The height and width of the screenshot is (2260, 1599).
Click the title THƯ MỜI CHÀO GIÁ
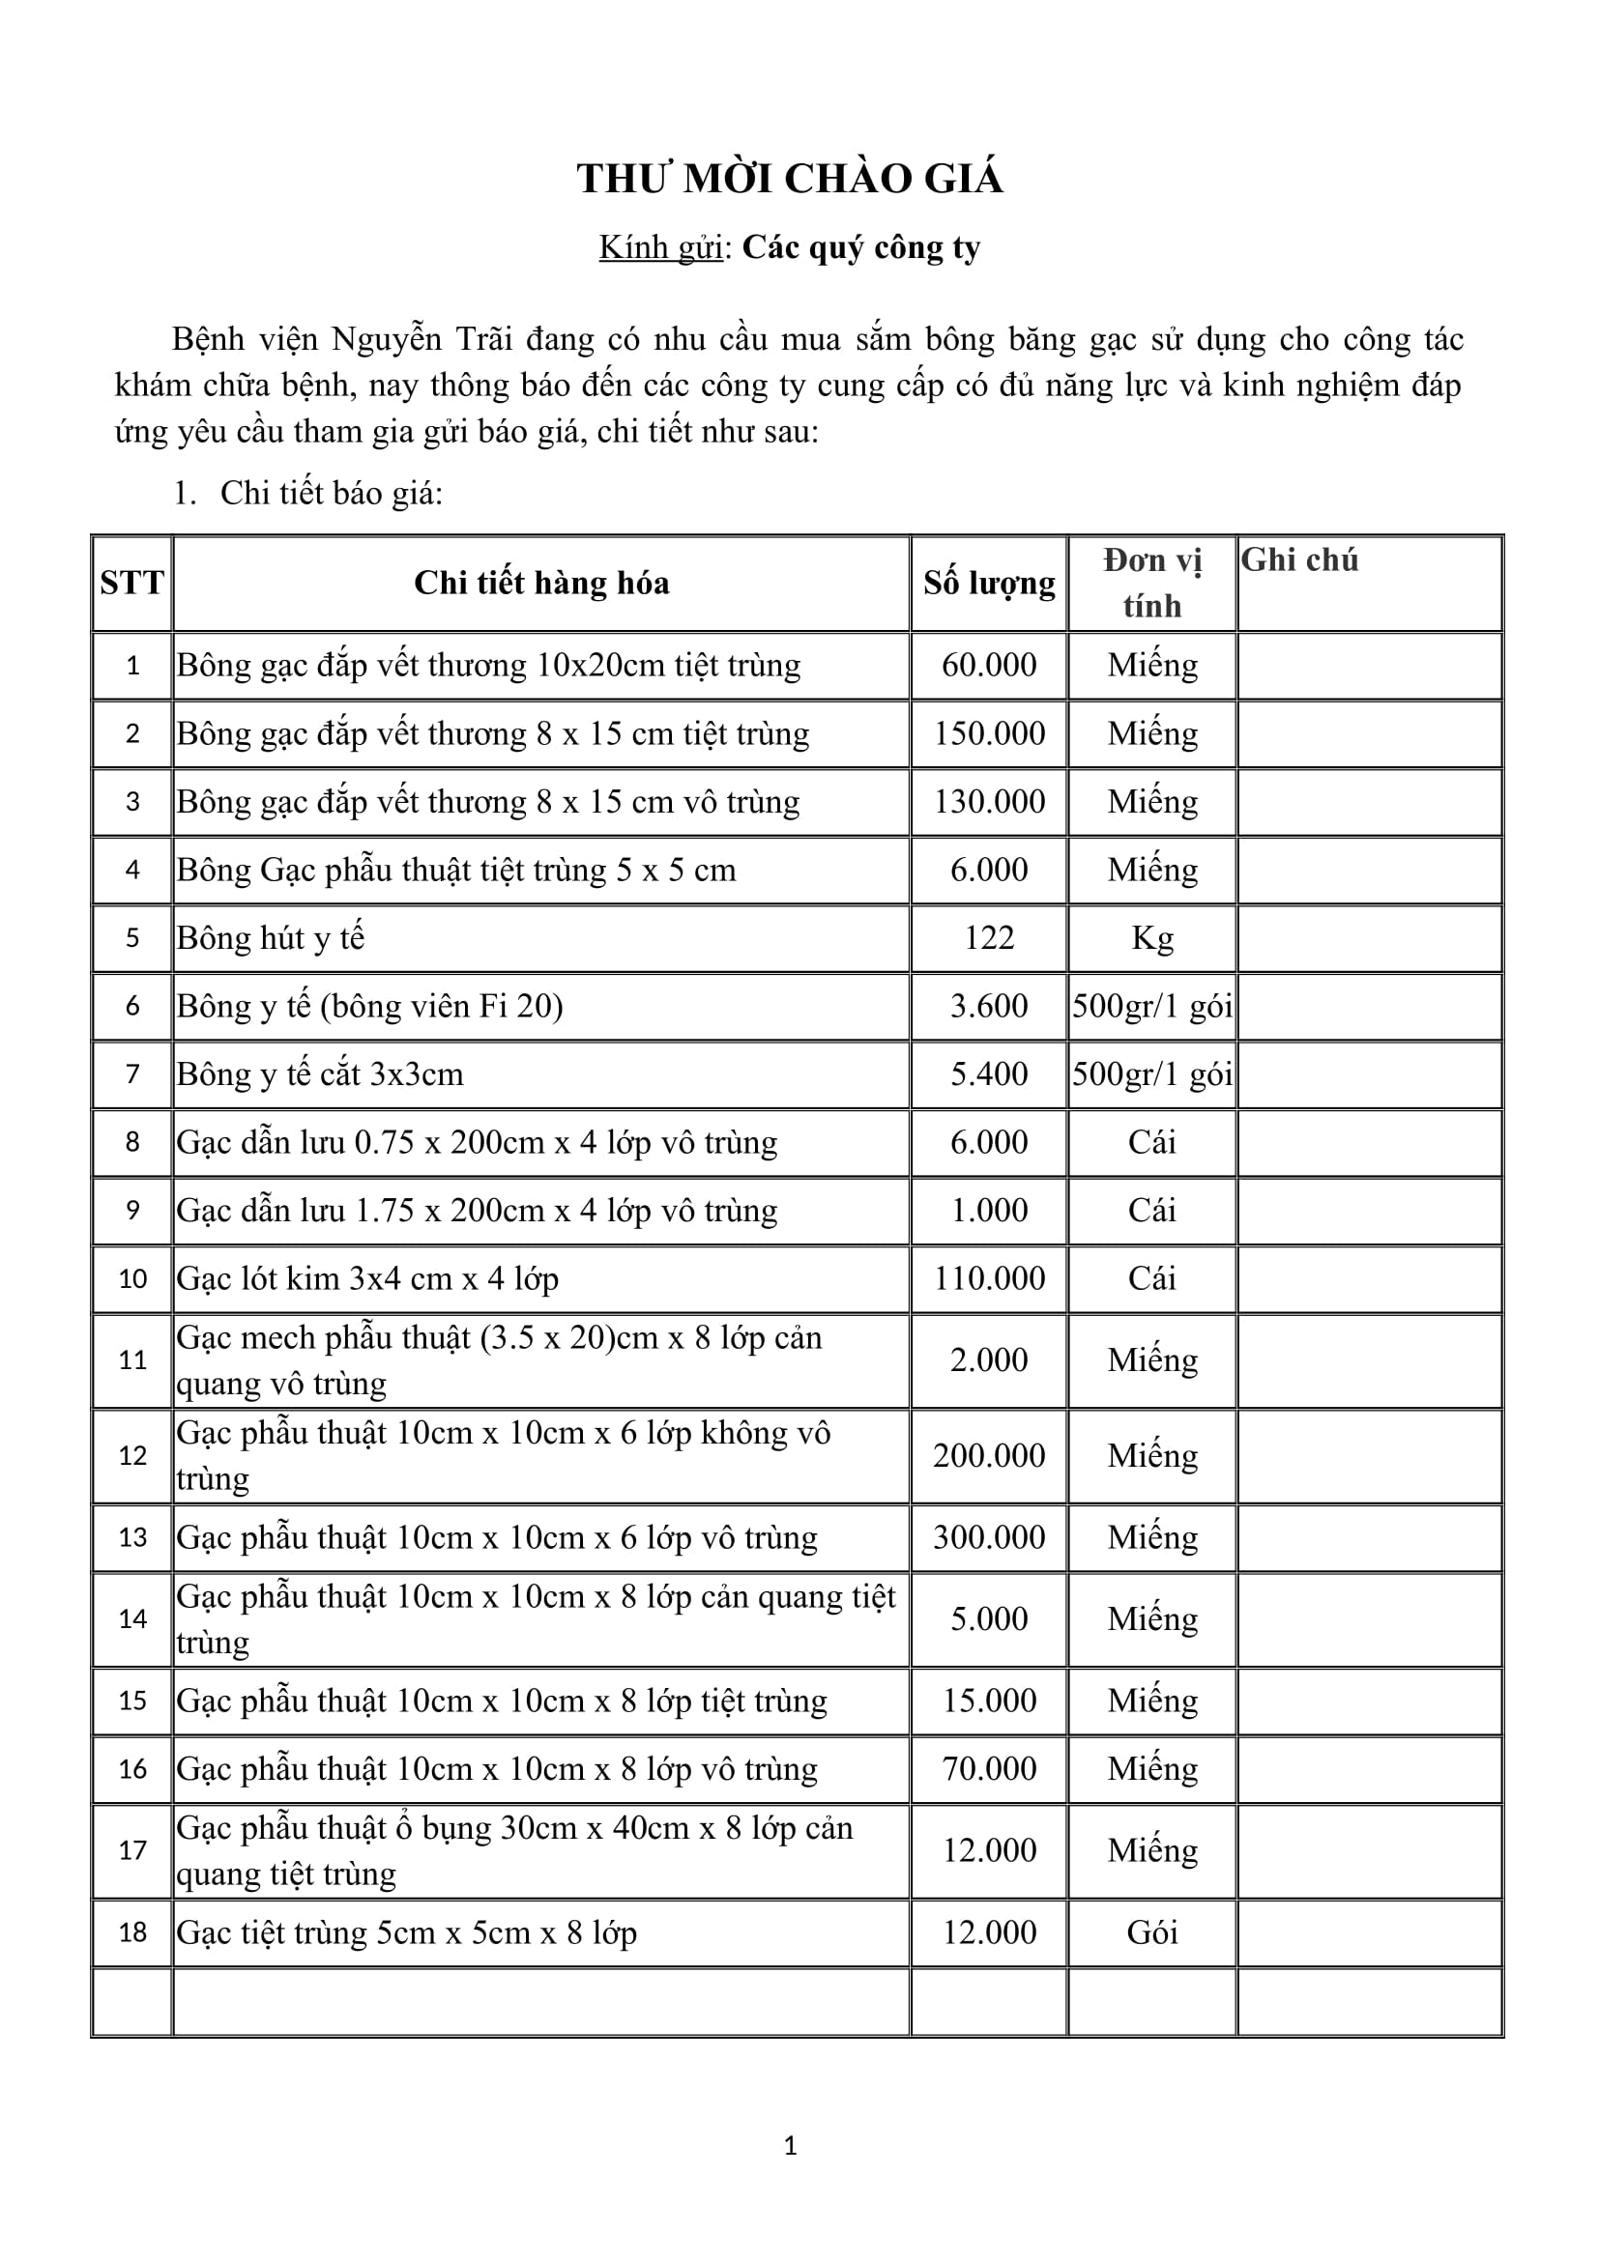coord(790,179)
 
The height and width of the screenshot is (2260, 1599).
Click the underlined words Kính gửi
coord(660,247)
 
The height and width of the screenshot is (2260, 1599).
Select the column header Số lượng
coord(989,584)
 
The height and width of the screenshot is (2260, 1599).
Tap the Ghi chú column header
coord(1298,560)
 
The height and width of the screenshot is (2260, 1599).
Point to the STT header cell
coord(131,584)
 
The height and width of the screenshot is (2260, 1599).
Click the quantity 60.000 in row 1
coord(989,666)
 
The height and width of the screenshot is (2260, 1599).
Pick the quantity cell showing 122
coord(989,938)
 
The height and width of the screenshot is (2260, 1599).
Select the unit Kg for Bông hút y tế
coord(1152,938)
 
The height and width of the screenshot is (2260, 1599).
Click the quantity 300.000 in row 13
coord(989,1537)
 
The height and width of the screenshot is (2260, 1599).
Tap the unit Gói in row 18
coord(1152,1932)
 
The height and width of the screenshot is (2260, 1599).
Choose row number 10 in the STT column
coord(131,1278)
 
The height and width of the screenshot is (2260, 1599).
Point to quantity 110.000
coord(989,1278)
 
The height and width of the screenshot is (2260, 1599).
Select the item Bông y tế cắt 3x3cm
coord(320,1073)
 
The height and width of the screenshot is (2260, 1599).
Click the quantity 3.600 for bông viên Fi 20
coord(989,1006)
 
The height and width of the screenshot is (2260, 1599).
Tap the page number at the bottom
coord(790,2146)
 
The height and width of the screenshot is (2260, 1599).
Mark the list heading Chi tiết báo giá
coord(331,493)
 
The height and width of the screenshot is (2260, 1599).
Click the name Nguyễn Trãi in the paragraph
coord(422,339)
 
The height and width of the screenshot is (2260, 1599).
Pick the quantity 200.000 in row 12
coord(989,1456)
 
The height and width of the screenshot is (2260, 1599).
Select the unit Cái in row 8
coord(1152,1143)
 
